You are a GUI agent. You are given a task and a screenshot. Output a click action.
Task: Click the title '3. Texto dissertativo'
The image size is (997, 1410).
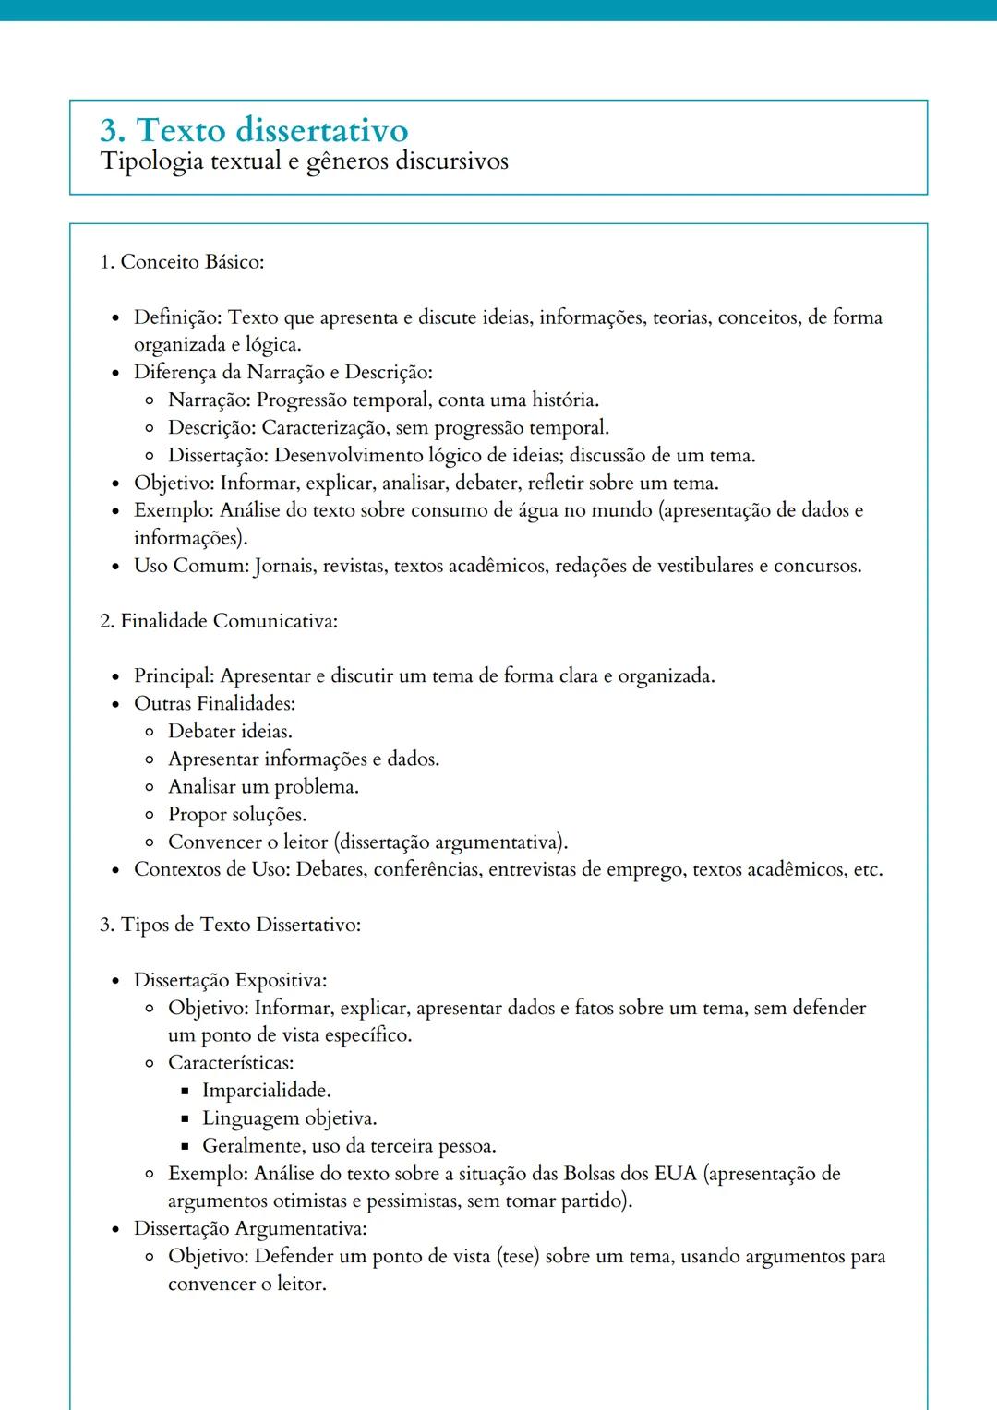(254, 130)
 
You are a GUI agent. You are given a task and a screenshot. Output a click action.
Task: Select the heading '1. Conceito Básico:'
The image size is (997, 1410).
(182, 262)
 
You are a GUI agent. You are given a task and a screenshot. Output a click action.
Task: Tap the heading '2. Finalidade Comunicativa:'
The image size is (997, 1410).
(219, 621)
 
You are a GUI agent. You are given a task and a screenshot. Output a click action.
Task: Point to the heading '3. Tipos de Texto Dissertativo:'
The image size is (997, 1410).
(230, 925)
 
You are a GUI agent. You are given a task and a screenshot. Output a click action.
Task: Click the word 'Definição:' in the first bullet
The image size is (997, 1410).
(177, 317)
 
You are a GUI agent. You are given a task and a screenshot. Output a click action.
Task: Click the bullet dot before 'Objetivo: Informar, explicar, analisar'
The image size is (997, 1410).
(115, 484)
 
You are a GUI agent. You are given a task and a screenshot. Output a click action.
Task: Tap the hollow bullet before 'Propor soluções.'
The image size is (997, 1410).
(150, 815)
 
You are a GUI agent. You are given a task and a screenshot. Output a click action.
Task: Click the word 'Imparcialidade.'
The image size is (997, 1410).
(266, 1091)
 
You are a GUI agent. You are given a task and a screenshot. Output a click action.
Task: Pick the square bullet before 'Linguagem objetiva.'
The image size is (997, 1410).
(185, 1118)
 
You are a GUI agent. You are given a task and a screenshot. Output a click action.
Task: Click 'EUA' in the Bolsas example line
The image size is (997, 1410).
(675, 1174)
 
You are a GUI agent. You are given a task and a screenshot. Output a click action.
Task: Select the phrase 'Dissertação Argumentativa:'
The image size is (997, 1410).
(250, 1229)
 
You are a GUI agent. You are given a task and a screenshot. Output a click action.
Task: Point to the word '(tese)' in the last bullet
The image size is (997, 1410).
(517, 1257)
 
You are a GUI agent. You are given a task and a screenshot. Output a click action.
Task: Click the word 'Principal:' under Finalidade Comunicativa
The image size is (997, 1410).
(174, 676)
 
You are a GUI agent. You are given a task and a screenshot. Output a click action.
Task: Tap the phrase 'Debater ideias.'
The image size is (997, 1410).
(230, 732)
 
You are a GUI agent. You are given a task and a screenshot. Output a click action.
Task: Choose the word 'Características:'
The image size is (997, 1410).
(231, 1063)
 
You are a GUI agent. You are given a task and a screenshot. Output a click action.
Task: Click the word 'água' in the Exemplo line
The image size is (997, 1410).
(538, 510)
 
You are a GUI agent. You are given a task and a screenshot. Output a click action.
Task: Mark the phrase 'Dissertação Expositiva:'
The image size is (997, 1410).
(230, 980)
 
